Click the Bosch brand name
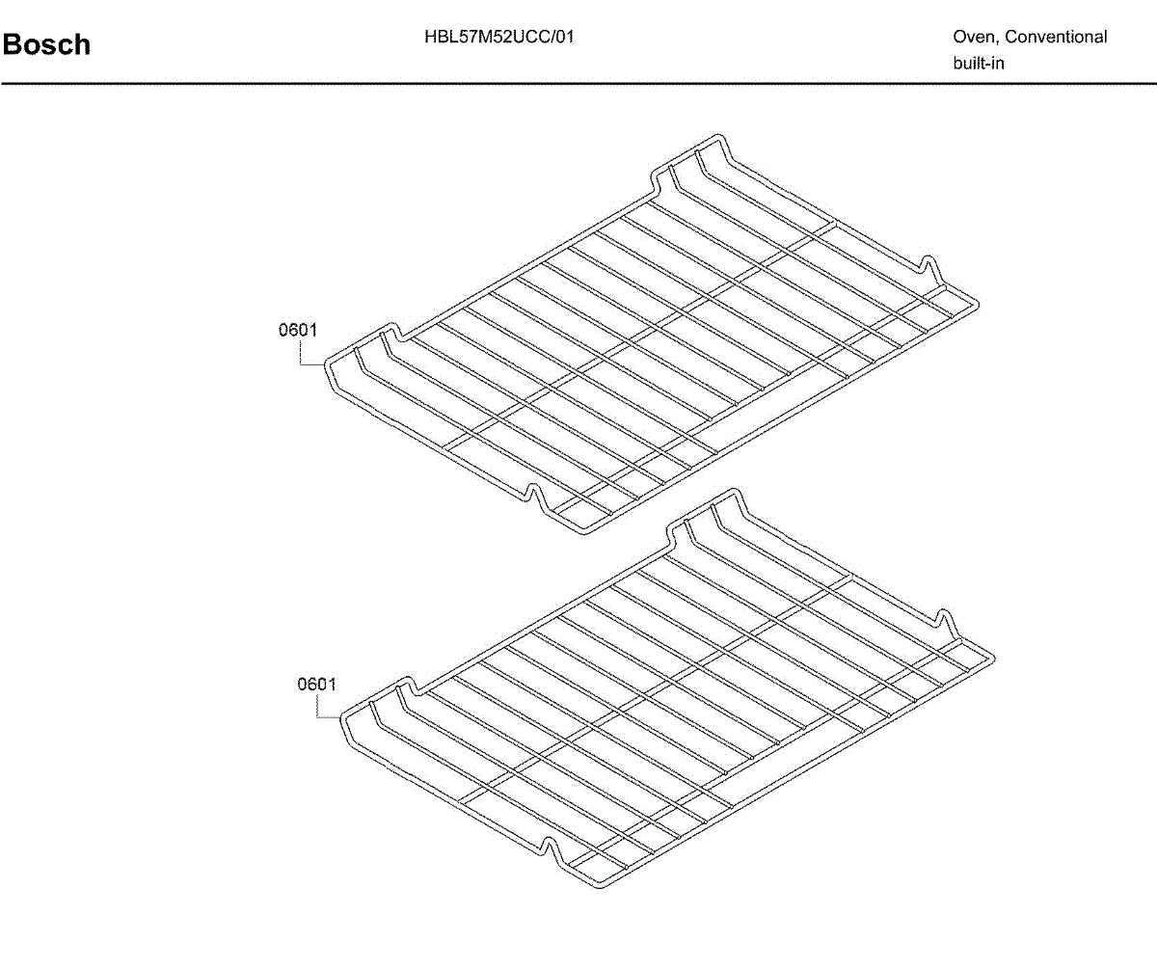[46, 44]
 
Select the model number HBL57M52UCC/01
[499, 38]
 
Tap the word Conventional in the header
[1056, 38]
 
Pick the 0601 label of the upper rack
[298, 331]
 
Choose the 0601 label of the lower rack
[316, 685]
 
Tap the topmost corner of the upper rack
[714, 137]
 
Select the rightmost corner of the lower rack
[993, 659]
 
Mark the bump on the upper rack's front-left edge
[533, 492]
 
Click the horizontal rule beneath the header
[578, 84]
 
